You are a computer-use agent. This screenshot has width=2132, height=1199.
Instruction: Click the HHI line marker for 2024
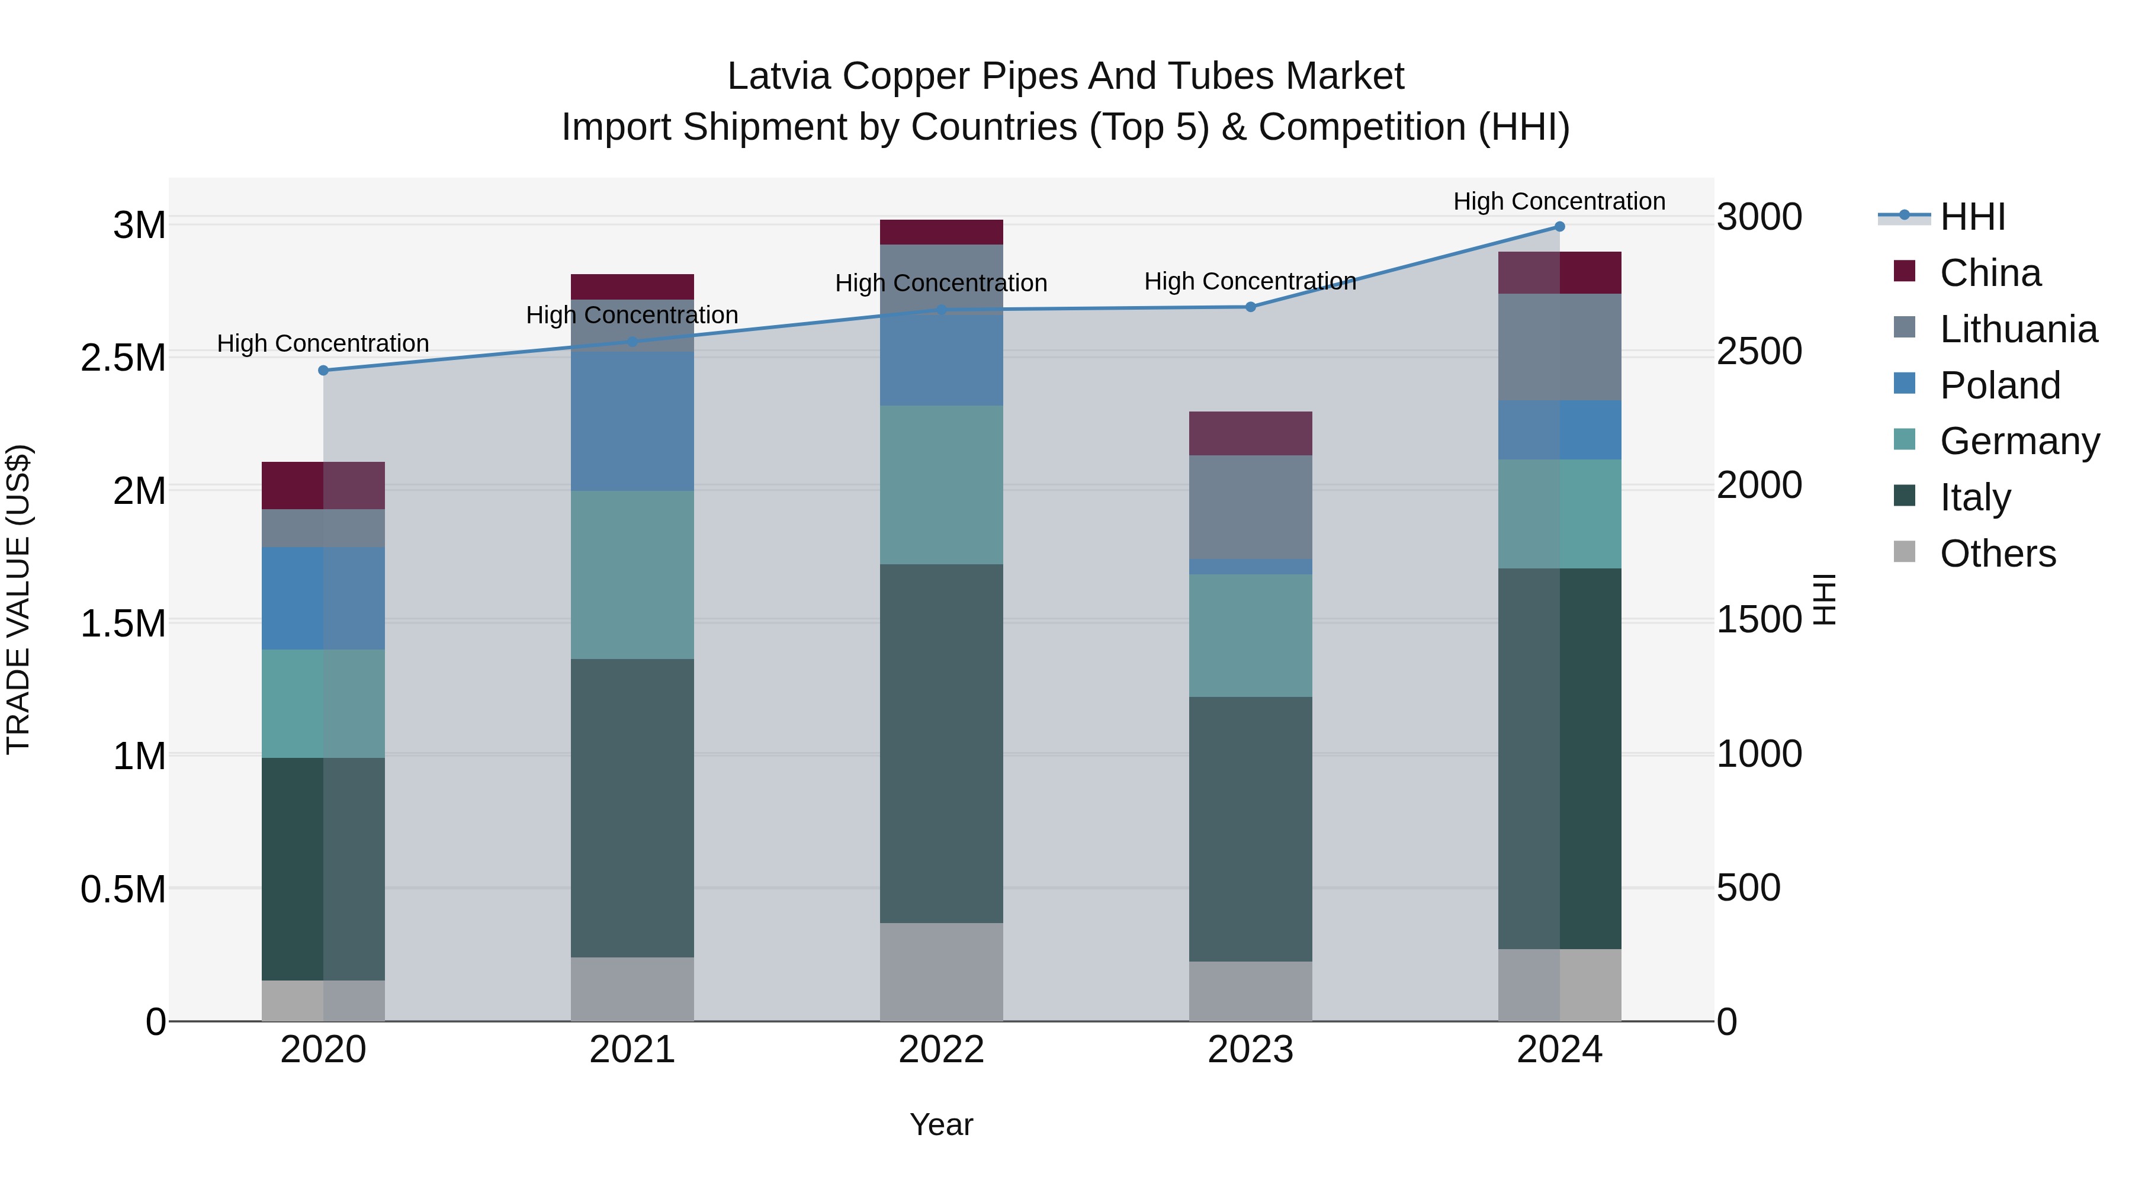point(1559,227)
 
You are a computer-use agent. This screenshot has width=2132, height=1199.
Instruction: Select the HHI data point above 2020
point(323,371)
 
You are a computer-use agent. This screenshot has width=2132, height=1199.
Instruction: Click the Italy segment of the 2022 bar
point(941,743)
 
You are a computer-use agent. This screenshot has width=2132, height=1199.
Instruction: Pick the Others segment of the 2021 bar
point(632,989)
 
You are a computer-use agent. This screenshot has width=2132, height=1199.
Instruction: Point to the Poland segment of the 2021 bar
point(632,422)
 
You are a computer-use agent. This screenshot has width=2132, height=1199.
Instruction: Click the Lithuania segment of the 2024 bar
point(1559,348)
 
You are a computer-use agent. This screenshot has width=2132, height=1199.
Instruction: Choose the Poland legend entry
point(1999,385)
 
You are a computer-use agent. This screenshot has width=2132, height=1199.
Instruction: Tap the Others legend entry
point(1997,554)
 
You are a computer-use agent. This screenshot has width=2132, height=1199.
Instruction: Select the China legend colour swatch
point(1905,271)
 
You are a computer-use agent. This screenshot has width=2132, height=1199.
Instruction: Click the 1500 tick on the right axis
point(1759,620)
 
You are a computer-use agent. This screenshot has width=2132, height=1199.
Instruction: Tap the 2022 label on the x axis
point(941,1050)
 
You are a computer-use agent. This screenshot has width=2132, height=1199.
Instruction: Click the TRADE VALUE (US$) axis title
point(18,599)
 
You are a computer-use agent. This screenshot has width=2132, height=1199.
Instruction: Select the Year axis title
point(941,1124)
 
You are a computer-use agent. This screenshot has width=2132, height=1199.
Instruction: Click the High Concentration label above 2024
point(1559,201)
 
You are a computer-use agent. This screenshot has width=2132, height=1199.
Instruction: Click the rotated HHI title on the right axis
point(1824,599)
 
